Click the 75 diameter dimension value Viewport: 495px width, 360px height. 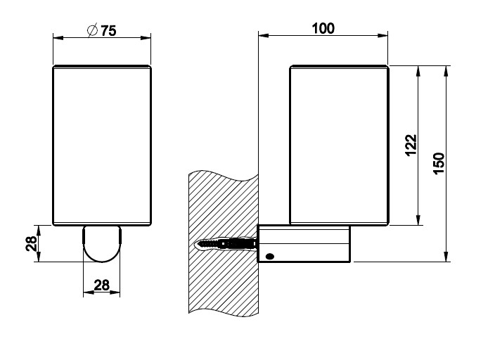click(x=108, y=31)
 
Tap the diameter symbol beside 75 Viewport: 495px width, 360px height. click(x=92, y=30)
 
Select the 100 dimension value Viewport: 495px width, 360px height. click(x=323, y=28)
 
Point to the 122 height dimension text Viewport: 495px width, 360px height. click(x=411, y=145)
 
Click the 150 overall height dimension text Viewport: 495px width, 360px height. click(x=439, y=163)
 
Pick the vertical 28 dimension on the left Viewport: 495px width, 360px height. click(x=31, y=243)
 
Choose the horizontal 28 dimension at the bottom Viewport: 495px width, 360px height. click(x=102, y=285)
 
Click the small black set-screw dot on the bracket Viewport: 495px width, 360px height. click(x=270, y=257)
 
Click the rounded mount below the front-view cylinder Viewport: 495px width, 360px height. click(x=102, y=244)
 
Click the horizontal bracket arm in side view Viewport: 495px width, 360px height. click(x=304, y=243)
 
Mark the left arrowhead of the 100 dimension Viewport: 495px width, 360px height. click(x=264, y=35)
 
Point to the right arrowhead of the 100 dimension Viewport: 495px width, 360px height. click(x=382, y=35)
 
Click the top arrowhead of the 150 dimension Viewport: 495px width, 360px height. click(x=446, y=72)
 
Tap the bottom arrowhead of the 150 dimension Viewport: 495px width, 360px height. click(x=446, y=257)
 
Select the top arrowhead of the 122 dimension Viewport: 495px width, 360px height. click(x=418, y=72)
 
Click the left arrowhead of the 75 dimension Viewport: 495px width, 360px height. click(x=59, y=38)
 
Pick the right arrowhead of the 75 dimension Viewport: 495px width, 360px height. click(x=146, y=38)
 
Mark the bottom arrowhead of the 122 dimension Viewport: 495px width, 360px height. click(x=418, y=220)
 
